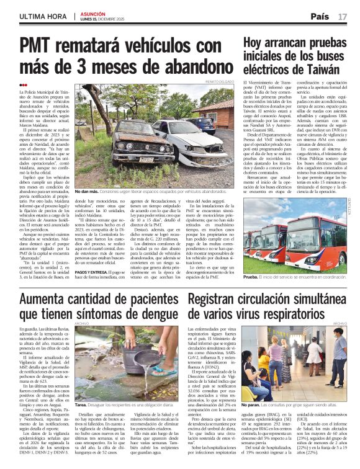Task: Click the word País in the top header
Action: point(320,16)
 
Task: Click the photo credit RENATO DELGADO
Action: point(223,81)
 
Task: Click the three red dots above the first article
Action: point(24,85)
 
